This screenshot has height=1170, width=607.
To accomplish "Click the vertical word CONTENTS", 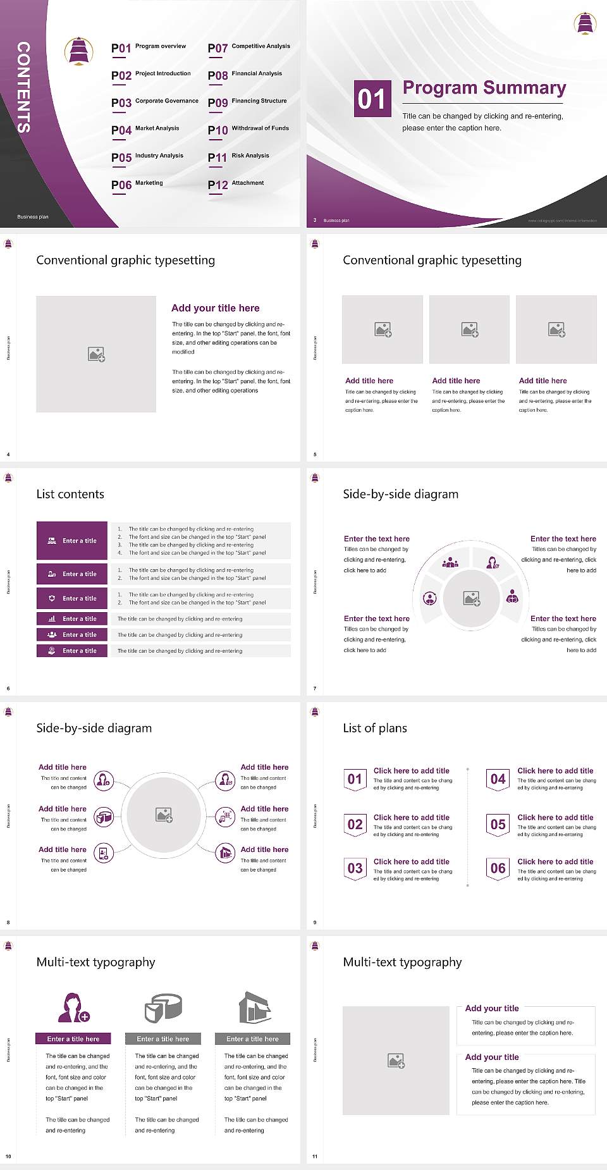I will [23, 87].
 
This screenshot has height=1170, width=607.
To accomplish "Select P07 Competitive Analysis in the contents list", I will [248, 47].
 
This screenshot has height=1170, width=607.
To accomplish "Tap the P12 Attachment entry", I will [236, 184].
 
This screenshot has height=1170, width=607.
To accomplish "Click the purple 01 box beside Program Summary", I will [372, 99].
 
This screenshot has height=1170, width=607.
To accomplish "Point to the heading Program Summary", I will [484, 88].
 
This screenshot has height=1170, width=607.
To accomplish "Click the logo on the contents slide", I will [79, 51].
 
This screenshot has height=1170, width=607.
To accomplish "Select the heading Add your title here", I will [215, 308].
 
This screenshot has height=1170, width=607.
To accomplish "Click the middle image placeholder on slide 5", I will [469, 329].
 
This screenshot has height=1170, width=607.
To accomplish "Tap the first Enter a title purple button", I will [72, 541].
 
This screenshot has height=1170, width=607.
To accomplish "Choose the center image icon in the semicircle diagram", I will [472, 598].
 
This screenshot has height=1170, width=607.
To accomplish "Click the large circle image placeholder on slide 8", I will [164, 815].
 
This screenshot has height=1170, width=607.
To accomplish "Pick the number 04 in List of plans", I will [498, 779].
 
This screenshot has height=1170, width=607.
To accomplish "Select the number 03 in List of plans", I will [355, 868].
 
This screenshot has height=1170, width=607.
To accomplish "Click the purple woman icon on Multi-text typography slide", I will [73, 1008].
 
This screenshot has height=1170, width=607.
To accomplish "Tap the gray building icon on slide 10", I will [254, 1007].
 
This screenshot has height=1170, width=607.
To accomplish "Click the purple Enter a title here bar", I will [73, 1038].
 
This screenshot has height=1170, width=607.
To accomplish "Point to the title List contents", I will [70, 494].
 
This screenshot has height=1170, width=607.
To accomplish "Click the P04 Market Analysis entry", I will [145, 130].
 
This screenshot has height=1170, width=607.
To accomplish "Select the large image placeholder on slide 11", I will [396, 1061].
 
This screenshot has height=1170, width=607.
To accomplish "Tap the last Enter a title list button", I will [72, 651].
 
